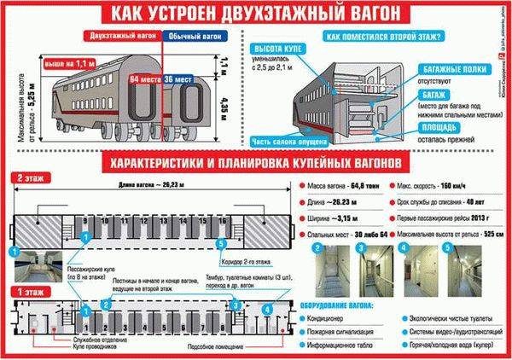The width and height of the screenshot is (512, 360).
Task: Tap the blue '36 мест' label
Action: [x=179, y=78]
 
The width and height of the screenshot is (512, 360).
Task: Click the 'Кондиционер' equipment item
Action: [x=336, y=314]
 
